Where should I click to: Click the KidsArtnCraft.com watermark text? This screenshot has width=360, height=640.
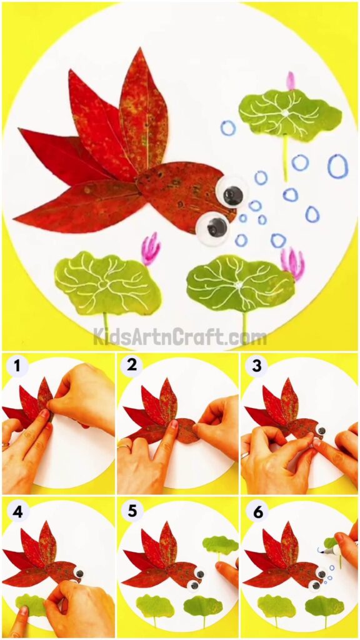180,337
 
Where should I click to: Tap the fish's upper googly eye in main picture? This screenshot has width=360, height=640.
232,195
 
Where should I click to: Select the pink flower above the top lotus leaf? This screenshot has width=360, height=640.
290,81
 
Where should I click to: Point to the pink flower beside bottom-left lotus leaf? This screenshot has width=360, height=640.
150,248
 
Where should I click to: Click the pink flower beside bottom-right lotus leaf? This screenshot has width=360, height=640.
292,263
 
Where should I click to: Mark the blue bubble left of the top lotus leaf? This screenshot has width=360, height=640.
228,128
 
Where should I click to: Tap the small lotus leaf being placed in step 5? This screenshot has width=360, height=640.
220,545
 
